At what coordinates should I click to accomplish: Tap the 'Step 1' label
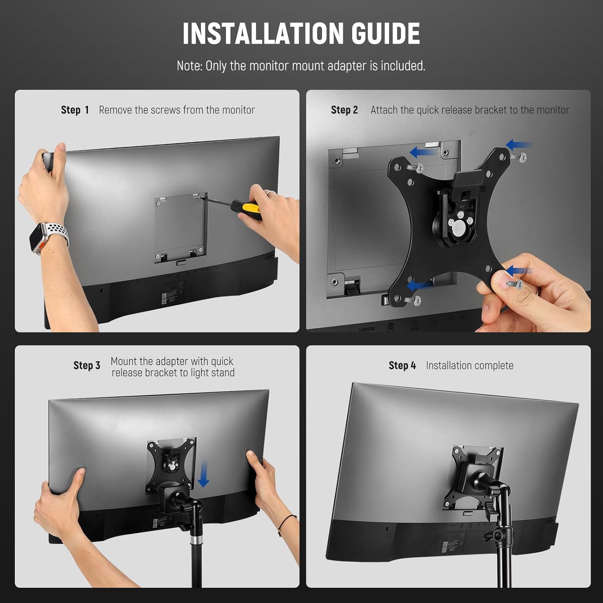pyautogui.click(x=75, y=110)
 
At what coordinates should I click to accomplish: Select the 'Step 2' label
pyautogui.click(x=344, y=110)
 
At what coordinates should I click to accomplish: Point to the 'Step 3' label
pyautogui.click(x=86, y=365)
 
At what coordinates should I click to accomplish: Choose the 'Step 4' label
pyautogui.click(x=402, y=365)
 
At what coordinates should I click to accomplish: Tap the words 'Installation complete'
pyautogui.click(x=470, y=365)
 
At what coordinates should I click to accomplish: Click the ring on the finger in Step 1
pyautogui.click(x=271, y=193)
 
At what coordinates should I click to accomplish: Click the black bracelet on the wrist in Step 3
pyautogui.click(x=286, y=521)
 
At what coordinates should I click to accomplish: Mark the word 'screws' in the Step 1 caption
pyautogui.click(x=166, y=110)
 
